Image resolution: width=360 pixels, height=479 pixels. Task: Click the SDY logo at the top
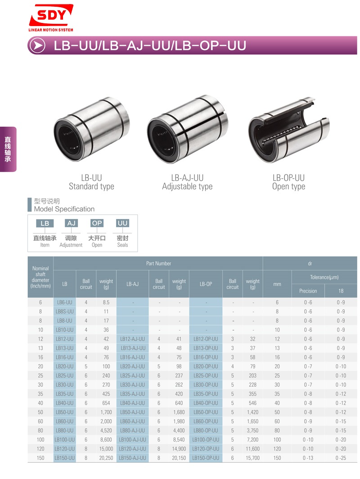point(51,18)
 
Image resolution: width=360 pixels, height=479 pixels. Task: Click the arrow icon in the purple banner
point(38,45)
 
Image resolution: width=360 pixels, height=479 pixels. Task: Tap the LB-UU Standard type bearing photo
point(91,129)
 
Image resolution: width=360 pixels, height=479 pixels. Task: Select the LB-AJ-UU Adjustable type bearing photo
point(187,129)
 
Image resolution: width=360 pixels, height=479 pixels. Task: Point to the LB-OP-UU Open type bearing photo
point(289,130)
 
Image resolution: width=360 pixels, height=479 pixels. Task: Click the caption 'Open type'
point(289,187)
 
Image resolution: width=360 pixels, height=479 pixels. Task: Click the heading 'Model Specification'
point(64,209)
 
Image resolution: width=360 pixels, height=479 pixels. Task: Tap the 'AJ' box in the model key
point(71,224)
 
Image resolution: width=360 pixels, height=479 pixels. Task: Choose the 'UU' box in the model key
point(122,224)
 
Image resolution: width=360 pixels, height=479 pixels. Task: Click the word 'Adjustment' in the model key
point(71,245)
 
